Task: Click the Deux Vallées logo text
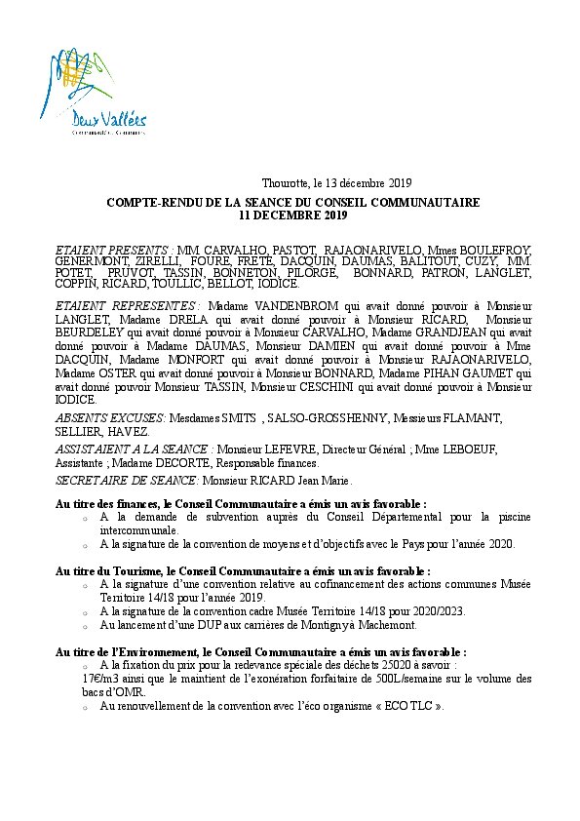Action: point(109,121)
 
